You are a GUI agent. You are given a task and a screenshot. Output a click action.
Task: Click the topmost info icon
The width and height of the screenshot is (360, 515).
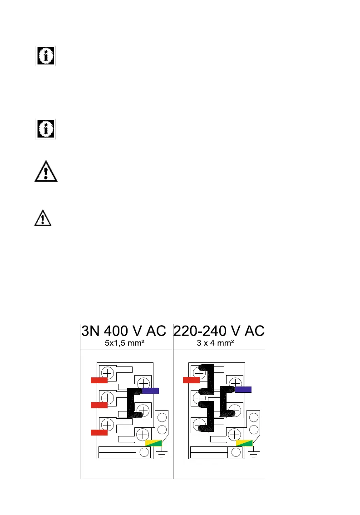[45, 56]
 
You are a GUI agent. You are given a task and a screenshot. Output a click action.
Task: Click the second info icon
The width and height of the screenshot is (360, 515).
[45, 129]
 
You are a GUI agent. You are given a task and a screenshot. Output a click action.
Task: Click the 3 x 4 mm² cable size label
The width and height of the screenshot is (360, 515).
[215, 343]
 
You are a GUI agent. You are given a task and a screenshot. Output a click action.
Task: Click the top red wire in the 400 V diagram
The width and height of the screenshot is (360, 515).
[99, 380]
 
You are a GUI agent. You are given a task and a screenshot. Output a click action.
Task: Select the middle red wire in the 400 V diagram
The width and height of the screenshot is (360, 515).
[99, 405]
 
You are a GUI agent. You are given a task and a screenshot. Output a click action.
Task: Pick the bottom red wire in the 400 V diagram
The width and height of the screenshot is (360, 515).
[99, 432]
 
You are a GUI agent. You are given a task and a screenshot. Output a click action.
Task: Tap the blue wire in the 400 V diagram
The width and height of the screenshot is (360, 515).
[150, 390]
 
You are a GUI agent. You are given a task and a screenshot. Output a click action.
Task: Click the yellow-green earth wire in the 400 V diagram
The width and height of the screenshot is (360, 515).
[153, 443]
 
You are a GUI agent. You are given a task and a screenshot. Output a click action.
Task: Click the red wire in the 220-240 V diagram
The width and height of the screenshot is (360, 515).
[191, 380]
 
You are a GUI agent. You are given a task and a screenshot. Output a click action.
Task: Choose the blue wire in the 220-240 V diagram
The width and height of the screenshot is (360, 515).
[243, 389]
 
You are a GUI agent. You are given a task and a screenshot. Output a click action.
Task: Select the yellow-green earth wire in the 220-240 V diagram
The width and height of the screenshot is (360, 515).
[244, 443]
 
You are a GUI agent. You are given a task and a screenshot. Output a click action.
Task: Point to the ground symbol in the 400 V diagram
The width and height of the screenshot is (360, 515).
[162, 453]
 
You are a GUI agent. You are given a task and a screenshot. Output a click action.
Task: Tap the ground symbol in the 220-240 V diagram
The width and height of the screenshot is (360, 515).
[254, 453]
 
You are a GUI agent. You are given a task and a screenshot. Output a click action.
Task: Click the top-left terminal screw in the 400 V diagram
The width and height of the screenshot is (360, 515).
[108, 371]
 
